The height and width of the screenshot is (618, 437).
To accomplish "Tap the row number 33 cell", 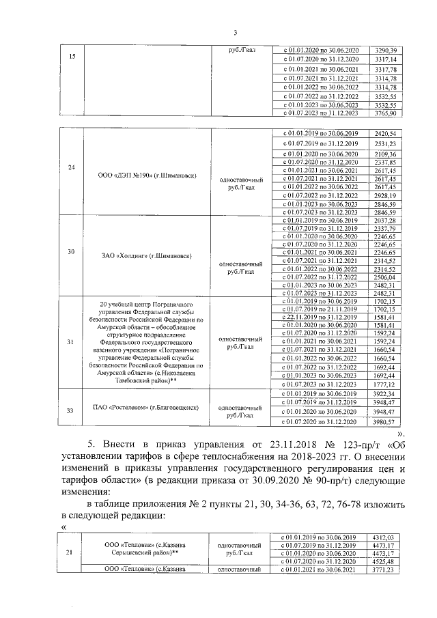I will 72,408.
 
